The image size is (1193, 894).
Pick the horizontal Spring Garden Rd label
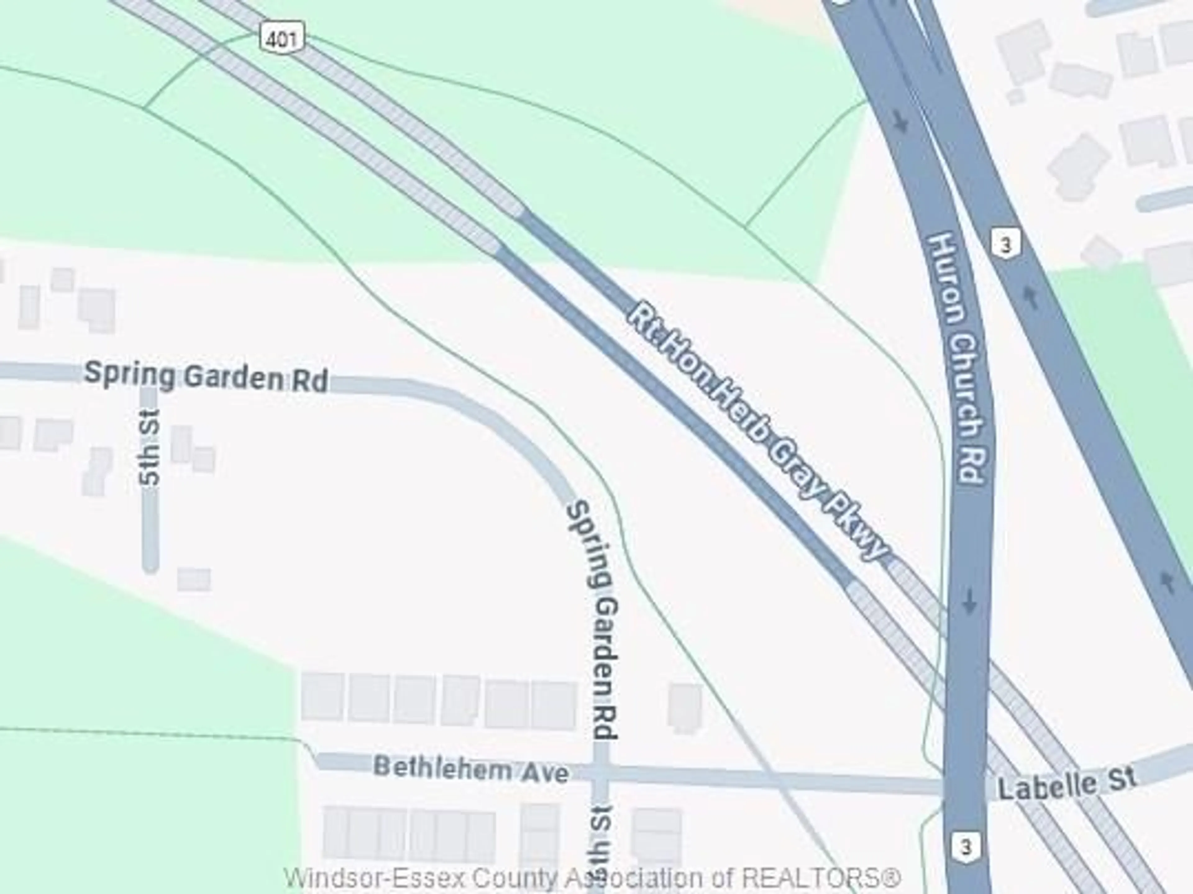206,376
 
